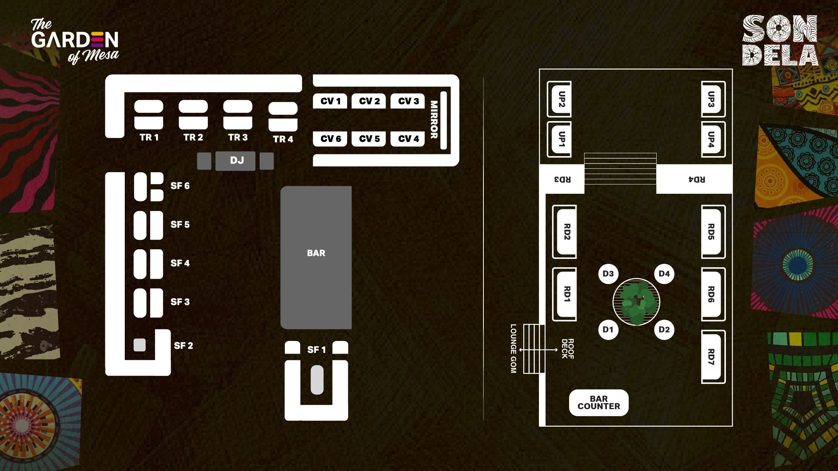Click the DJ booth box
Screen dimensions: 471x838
(235, 161)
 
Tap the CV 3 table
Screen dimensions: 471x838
(407, 101)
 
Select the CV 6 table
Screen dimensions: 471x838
(330, 139)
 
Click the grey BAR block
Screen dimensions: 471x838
(316, 257)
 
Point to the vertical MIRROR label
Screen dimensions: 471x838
(434, 120)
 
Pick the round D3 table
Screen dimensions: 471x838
(608, 274)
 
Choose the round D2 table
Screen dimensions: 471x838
(664, 329)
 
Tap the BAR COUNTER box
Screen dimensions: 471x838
(599, 403)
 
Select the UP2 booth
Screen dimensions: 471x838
(560, 99)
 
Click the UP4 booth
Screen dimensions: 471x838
(712, 139)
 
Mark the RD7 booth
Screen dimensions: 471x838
(712, 357)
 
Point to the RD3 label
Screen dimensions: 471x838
(562, 179)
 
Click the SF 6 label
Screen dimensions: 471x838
(180, 186)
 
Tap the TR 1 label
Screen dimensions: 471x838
(149, 137)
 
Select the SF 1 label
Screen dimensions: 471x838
(316, 350)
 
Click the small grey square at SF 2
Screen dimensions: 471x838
(140, 345)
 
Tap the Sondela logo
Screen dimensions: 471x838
(780, 40)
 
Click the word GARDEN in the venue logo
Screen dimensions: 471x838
(74, 39)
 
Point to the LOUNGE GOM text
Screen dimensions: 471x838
(513, 348)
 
